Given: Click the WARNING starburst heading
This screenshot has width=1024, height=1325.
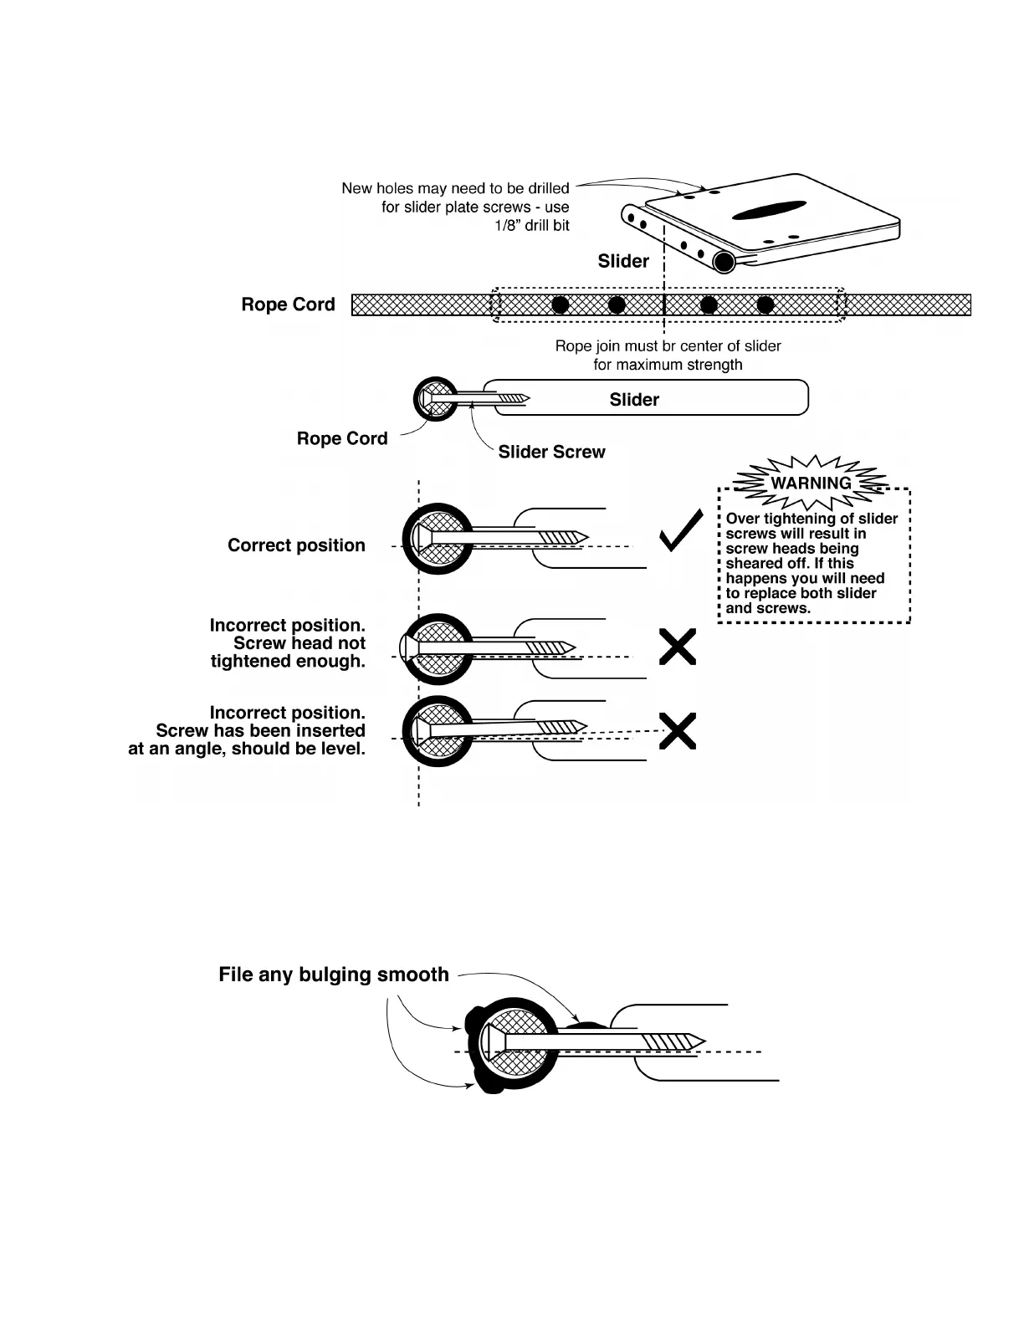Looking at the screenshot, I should click(x=810, y=483).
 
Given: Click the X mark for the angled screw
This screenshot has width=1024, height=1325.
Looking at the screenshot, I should click(x=678, y=731).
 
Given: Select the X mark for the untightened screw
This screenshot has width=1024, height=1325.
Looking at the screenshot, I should click(x=678, y=647).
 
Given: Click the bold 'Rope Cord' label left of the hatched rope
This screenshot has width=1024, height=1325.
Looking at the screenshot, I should click(x=288, y=304).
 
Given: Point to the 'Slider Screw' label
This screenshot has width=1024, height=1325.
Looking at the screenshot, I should click(x=551, y=452).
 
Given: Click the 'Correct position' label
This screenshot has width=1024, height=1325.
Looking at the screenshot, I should click(x=296, y=545).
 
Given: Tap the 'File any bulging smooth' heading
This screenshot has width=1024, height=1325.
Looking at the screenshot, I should click(x=334, y=975).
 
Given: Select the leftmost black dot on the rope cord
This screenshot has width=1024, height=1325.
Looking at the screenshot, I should click(x=561, y=304).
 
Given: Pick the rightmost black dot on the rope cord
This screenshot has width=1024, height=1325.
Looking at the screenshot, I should click(x=765, y=304).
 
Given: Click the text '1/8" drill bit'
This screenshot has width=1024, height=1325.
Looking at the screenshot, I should click(x=532, y=225).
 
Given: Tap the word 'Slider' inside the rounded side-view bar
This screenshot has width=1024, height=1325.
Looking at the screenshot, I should click(x=634, y=400).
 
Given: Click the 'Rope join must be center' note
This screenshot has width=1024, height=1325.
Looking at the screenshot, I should click(x=668, y=355).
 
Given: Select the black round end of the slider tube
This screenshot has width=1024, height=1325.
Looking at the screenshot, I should click(x=723, y=263).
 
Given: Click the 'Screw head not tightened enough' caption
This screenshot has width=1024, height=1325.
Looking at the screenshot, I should click(x=288, y=643).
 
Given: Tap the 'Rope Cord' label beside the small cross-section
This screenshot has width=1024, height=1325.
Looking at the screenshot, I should click(x=342, y=438).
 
